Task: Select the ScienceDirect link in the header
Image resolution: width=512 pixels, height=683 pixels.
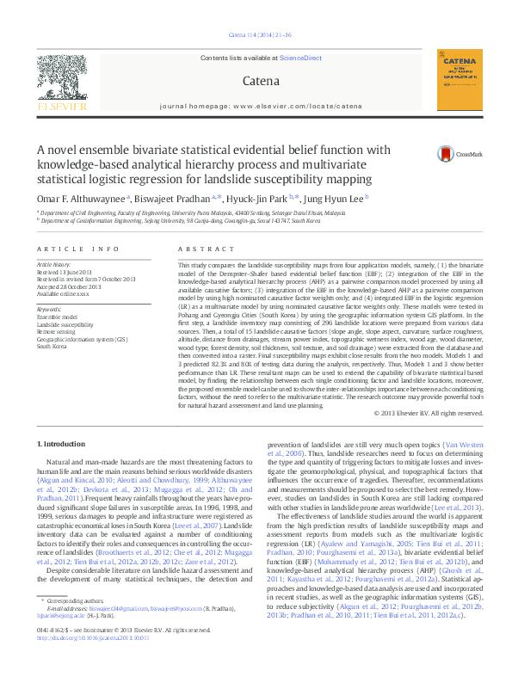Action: click(301, 58)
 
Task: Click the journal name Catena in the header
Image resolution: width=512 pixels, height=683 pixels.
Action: click(261, 81)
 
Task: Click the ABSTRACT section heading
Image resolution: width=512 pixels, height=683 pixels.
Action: click(194, 249)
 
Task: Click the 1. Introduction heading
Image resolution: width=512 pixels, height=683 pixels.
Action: click(63, 443)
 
